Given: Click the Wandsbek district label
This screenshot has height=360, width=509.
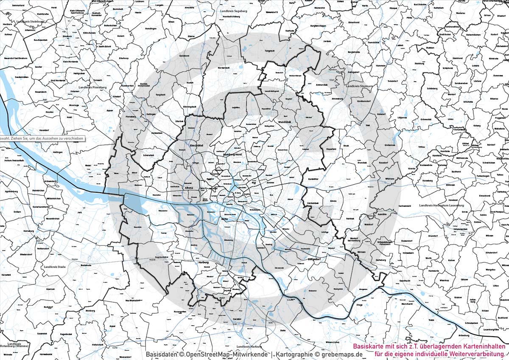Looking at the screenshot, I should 283,121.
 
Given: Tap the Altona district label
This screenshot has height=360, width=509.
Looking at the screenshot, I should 189,188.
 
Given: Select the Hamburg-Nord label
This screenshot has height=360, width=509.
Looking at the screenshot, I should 232,155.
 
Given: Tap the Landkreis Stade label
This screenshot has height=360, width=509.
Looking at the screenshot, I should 55,267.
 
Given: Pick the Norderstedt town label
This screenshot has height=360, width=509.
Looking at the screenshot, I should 224,67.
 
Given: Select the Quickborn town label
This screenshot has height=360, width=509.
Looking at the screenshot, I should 184,56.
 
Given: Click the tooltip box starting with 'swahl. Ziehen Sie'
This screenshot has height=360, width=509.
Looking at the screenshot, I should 42,138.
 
